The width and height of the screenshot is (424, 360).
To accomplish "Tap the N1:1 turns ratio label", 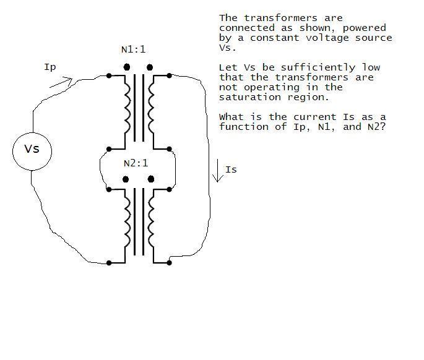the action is (133, 49).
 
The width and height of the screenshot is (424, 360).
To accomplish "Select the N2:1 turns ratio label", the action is (136, 163).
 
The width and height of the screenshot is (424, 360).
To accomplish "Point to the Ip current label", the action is (50, 67).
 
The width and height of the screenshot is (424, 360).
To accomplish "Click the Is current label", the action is (231, 169).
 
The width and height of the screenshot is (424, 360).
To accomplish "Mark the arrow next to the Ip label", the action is (61, 83).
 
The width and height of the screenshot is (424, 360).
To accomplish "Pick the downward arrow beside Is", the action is (218, 171).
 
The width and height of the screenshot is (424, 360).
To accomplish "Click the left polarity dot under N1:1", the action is (126, 67).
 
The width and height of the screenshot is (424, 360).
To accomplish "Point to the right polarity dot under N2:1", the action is (151, 179).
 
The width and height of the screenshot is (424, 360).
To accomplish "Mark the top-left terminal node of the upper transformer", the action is (109, 75).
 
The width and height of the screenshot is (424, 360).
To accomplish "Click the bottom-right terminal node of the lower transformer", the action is (169, 262).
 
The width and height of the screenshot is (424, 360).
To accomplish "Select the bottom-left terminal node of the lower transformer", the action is (109, 263).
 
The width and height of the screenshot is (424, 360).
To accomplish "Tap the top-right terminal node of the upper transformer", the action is (169, 75).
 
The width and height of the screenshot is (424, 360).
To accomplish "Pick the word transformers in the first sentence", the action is (280, 18).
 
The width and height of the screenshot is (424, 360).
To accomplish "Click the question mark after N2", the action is (383, 126).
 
